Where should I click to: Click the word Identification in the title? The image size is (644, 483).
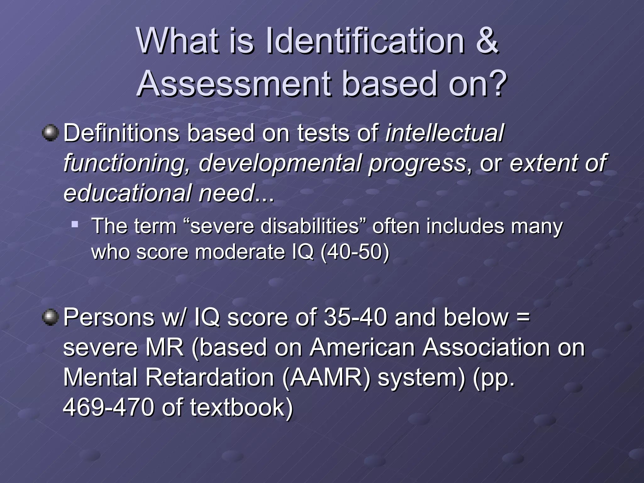click(365, 41)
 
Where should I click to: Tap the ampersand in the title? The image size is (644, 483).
click(487, 41)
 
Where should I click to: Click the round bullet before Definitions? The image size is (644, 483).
click(50, 133)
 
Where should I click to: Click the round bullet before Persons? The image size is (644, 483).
click(50, 317)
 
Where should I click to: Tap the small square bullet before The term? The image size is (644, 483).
click(75, 224)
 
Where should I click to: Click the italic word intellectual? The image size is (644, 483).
click(444, 133)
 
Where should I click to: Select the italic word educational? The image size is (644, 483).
click(127, 193)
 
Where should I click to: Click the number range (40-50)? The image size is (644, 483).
click(354, 252)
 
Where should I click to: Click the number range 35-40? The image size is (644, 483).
click(355, 317)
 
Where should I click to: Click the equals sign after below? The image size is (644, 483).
click(523, 317)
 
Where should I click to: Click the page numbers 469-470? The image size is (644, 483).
click(108, 407)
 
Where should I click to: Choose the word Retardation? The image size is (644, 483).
click(209, 377)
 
